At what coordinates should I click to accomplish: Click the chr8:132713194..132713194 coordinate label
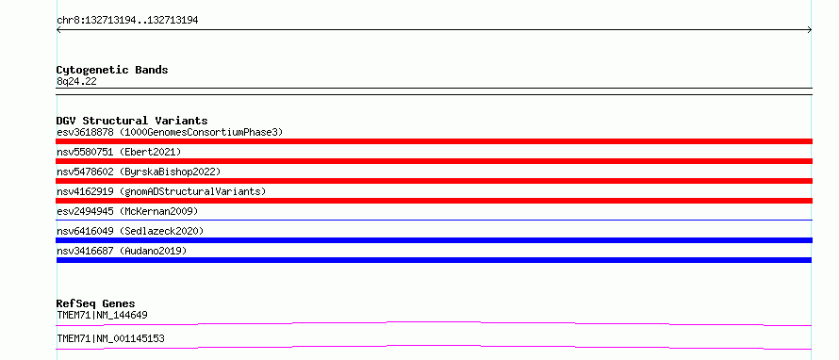click(x=127, y=21)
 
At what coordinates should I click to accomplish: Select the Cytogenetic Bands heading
click(x=112, y=70)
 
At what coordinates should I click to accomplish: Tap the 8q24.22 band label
click(x=76, y=81)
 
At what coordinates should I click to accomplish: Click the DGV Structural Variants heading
click(x=132, y=121)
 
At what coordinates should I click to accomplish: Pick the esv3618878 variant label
click(x=170, y=132)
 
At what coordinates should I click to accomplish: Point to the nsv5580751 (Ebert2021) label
click(x=119, y=152)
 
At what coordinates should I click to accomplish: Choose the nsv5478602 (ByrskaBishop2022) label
click(x=139, y=172)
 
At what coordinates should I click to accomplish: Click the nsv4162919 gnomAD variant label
click(x=161, y=191)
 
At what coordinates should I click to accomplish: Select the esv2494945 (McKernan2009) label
click(x=127, y=211)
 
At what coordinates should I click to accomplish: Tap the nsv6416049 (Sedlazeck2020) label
click(x=130, y=231)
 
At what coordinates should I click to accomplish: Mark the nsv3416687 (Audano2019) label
click(x=122, y=251)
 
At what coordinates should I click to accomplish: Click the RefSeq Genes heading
click(x=96, y=303)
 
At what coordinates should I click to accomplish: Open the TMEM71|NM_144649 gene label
click(x=102, y=315)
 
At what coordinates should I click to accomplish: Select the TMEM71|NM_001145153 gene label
click(x=110, y=338)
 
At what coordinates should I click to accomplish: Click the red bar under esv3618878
click(x=434, y=141)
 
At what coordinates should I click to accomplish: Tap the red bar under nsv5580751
click(x=434, y=161)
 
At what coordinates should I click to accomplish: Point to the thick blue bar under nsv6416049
click(x=434, y=240)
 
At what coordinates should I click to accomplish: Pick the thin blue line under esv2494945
click(x=434, y=220)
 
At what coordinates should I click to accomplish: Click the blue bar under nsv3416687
click(x=434, y=260)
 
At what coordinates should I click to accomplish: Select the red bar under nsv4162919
click(x=434, y=201)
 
